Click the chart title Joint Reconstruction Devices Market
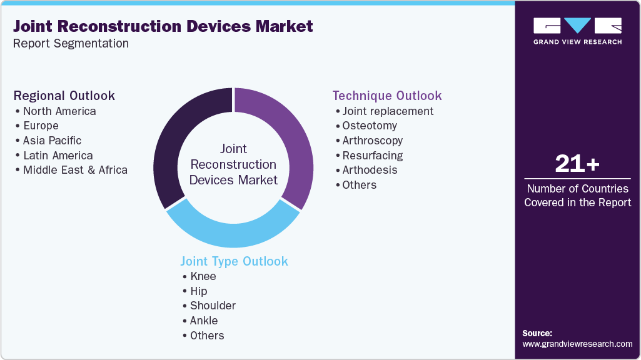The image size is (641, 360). [163, 26]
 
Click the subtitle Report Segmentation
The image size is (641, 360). [71, 44]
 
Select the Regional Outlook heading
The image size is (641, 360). [64, 96]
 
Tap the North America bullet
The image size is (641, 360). [59, 111]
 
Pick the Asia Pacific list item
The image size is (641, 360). [52, 141]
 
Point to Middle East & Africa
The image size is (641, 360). [75, 170]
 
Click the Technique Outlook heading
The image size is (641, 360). [387, 96]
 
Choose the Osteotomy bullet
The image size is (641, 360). [370, 126]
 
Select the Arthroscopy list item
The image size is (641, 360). [373, 141]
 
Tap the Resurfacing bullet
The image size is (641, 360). [373, 156]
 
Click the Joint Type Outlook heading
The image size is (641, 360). [235, 261]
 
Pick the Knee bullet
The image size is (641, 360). [203, 276]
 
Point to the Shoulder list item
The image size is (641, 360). [213, 306]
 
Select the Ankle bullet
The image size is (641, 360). [204, 321]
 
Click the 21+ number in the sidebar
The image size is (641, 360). [577, 164]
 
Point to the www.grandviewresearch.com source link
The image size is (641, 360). [577, 344]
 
